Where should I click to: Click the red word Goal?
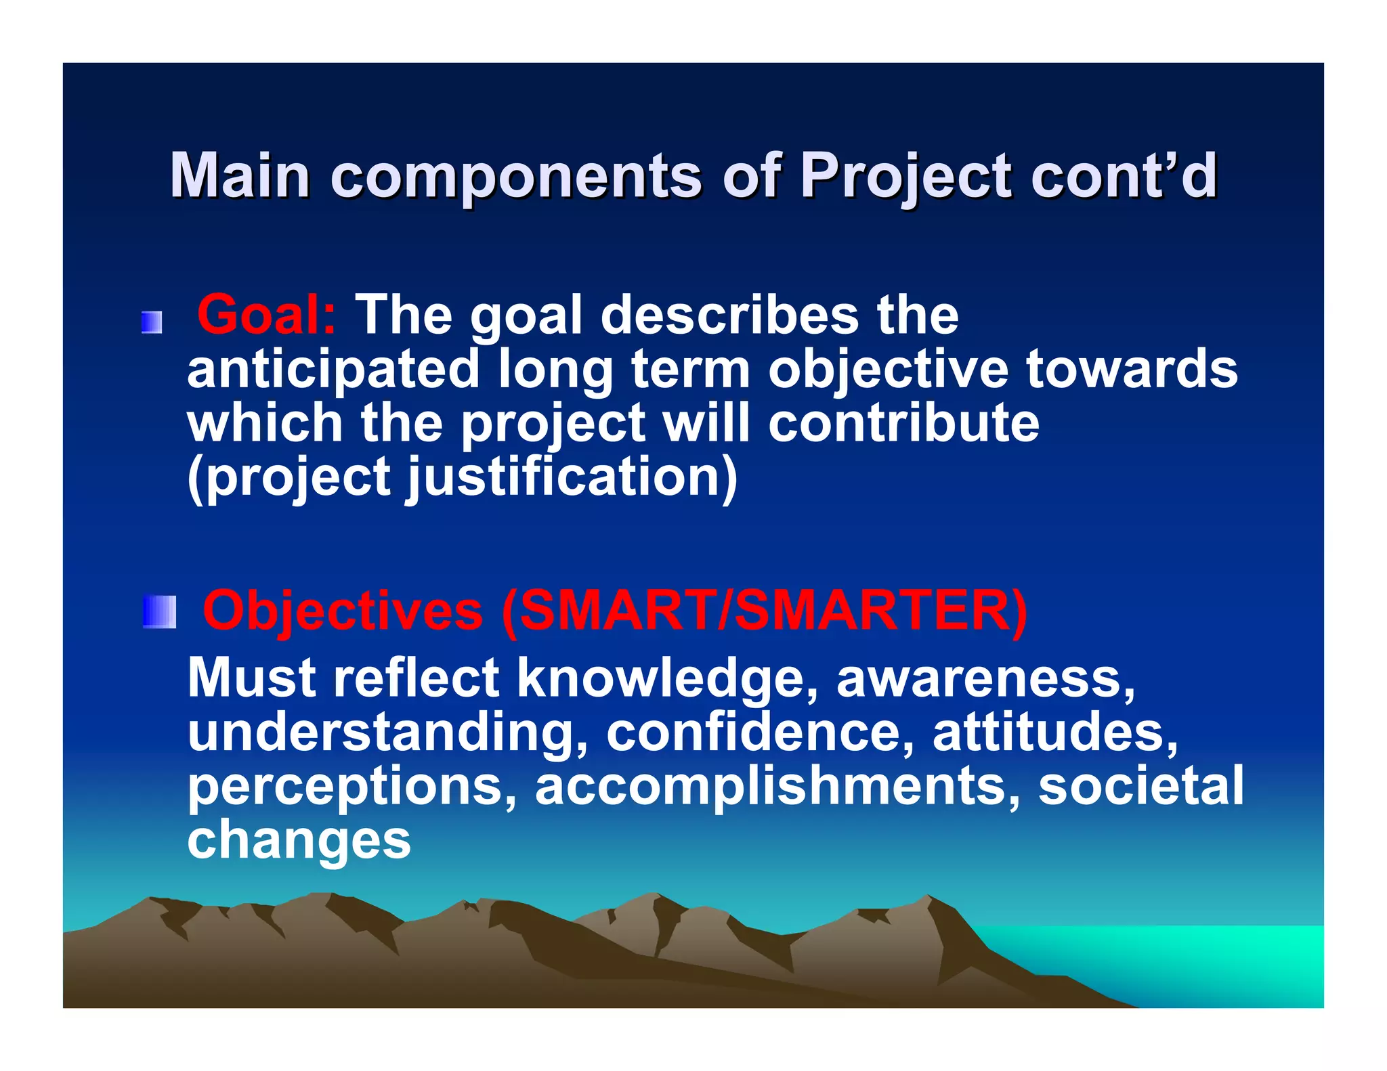[265, 315]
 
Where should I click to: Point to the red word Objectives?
[343, 610]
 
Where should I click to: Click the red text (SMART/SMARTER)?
[764, 610]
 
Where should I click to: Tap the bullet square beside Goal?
[152, 322]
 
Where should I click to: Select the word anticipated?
[333, 370]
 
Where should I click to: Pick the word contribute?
[903, 423]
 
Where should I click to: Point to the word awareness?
[986, 678]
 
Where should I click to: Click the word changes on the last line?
[299, 840]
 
